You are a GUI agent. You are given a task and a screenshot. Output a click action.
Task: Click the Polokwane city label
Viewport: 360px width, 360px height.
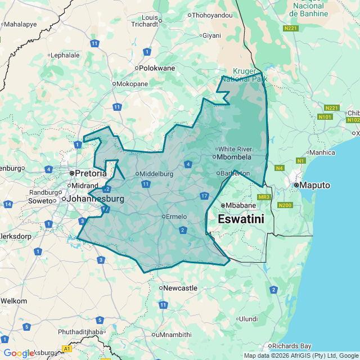click(157, 68)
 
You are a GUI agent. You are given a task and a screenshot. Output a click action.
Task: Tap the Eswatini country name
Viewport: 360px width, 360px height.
click(241, 219)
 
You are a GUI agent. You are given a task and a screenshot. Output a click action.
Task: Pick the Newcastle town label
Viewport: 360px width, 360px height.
click(180, 288)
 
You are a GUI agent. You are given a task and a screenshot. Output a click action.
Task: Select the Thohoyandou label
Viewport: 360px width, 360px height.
click(213, 15)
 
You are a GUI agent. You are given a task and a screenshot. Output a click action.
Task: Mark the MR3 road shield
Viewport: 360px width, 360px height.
click(264, 197)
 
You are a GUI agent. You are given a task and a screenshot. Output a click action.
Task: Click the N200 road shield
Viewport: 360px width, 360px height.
click(285, 205)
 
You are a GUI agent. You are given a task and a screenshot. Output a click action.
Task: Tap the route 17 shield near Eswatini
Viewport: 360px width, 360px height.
click(204, 196)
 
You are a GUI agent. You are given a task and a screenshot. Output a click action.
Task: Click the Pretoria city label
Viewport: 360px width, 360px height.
click(91, 173)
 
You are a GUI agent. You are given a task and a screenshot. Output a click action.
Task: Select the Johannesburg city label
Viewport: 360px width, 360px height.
click(96, 199)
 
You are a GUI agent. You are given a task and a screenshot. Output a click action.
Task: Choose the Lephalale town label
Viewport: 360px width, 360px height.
click(65, 56)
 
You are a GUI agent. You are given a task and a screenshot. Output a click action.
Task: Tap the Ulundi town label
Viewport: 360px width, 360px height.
click(247, 319)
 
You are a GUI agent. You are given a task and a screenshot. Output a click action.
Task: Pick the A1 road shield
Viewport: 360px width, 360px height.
click(67, 349)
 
